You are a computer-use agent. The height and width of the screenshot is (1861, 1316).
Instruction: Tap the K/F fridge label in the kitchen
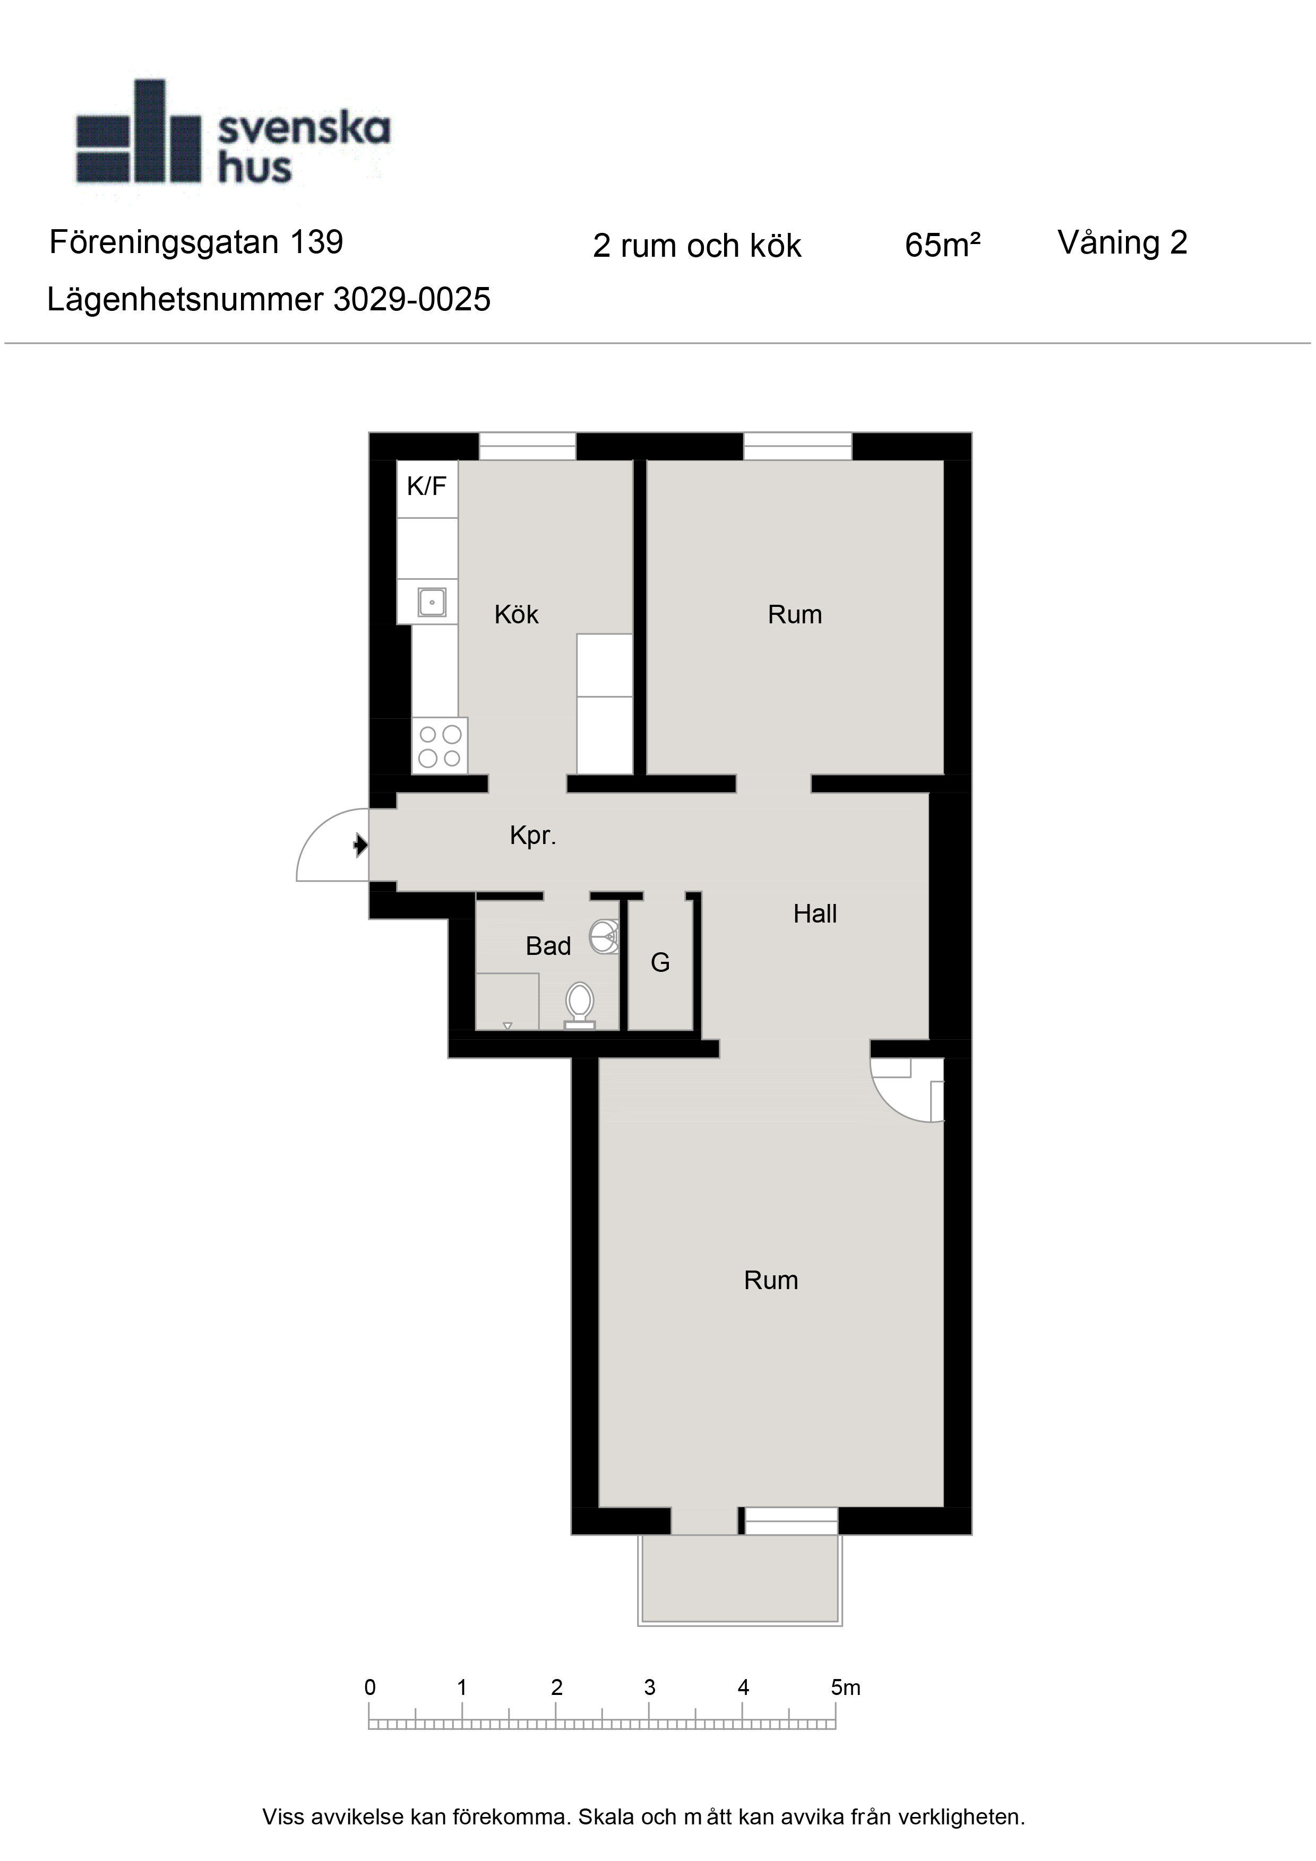pyautogui.click(x=426, y=486)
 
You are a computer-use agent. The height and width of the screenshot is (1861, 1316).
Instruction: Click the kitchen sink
pyautogui.click(x=432, y=602)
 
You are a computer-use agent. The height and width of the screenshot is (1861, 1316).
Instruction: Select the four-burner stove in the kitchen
pyautogui.click(x=440, y=746)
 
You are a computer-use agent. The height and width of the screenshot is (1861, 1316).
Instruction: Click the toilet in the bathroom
pyautogui.click(x=580, y=1006)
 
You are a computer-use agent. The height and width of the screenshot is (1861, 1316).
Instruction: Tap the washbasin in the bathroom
pyautogui.click(x=604, y=937)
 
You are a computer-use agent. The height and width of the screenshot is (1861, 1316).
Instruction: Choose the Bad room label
pyautogui.click(x=548, y=946)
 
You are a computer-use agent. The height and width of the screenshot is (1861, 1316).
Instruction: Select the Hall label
pyautogui.click(x=815, y=914)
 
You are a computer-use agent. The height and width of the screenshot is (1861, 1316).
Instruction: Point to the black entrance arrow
pyautogui.click(x=361, y=846)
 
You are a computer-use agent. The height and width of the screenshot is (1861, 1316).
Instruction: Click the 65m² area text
pyautogui.click(x=943, y=245)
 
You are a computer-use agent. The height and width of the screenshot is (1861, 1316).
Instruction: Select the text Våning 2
pyautogui.click(x=1122, y=242)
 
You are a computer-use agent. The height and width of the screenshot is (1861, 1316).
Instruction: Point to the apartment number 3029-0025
pyautogui.click(x=412, y=300)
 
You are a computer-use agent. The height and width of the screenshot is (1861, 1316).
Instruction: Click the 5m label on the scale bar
pyautogui.click(x=845, y=1688)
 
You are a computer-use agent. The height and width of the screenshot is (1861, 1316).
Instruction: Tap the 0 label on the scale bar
pyautogui.click(x=370, y=1688)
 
